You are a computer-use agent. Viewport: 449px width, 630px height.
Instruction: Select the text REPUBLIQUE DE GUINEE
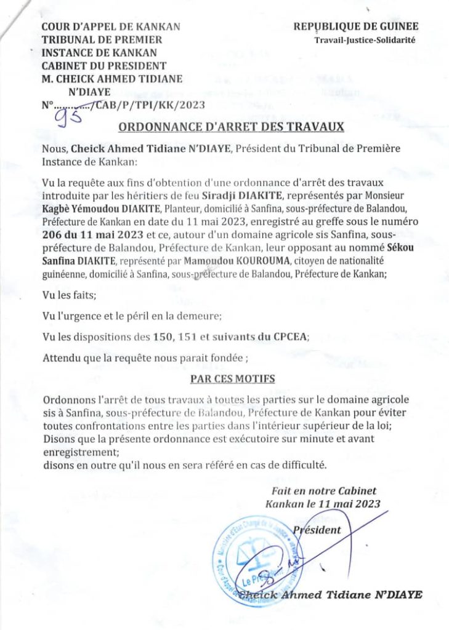[x=355, y=26]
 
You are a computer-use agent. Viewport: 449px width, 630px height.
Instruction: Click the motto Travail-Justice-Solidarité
[x=365, y=40]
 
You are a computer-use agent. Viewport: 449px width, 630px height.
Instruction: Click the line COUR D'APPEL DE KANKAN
[x=110, y=26]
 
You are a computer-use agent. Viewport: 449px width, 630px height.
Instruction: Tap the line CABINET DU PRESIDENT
[x=103, y=65]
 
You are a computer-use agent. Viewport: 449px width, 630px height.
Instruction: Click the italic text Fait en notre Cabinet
[x=323, y=491]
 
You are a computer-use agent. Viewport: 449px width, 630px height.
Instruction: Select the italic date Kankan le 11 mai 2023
[x=323, y=504]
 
